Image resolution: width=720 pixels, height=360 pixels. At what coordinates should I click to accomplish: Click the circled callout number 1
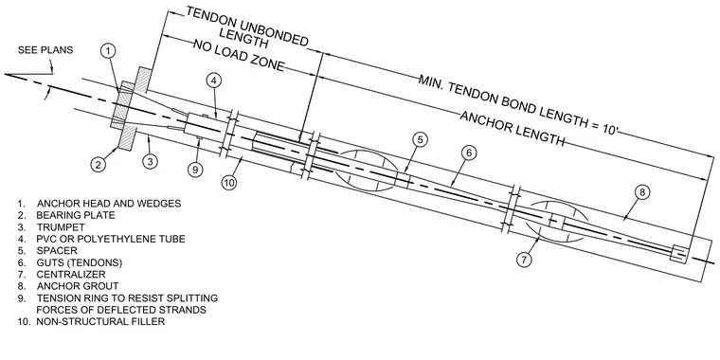click(107, 51)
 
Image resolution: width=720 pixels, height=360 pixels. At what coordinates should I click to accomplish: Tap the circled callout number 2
click(99, 164)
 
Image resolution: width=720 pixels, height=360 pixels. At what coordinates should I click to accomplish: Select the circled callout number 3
click(150, 162)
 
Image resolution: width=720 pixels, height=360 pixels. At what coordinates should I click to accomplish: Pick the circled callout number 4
click(213, 81)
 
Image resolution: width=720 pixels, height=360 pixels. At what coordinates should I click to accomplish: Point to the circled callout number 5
click(420, 139)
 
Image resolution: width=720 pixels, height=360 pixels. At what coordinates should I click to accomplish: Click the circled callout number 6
click(468, 153)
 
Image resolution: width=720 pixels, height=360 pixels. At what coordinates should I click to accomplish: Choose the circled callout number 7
click(524, 260)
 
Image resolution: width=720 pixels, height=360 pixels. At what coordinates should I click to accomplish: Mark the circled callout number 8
click(642, 192)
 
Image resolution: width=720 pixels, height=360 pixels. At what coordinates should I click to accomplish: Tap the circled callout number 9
click(195, 169)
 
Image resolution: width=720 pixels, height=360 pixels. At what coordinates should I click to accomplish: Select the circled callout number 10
click(228, 183)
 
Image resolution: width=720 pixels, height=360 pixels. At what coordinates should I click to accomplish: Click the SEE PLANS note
click(45, 50)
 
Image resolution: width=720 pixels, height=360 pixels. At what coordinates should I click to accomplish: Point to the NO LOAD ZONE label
click(239, 56)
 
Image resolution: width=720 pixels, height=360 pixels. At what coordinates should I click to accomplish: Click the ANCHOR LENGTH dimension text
click(512, 128)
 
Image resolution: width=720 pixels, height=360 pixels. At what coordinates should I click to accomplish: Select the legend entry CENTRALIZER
click(71, 275)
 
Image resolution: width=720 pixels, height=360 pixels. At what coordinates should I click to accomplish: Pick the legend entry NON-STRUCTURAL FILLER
click(100, 322)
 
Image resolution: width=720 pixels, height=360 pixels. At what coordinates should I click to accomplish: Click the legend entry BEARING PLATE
click(76, 215)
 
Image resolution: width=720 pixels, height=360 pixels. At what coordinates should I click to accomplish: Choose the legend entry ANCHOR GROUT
click(78, 286)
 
